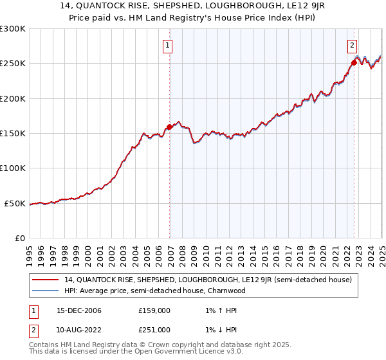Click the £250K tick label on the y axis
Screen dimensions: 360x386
click(13, 64)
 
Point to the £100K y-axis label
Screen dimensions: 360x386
click(13, 168)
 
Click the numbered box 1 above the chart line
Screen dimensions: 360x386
click(167, 46)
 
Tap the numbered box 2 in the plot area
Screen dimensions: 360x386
click(353, 46)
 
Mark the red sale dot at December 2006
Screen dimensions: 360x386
click(169, 127)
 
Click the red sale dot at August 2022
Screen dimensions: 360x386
click(354, 63)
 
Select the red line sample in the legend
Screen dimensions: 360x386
click(46, 280)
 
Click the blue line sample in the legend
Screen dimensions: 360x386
click(46, 291)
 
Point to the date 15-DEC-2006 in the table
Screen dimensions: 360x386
click(80, 311)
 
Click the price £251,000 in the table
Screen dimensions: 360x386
click(154, 329)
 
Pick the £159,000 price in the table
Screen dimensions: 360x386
click(154, 311)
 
